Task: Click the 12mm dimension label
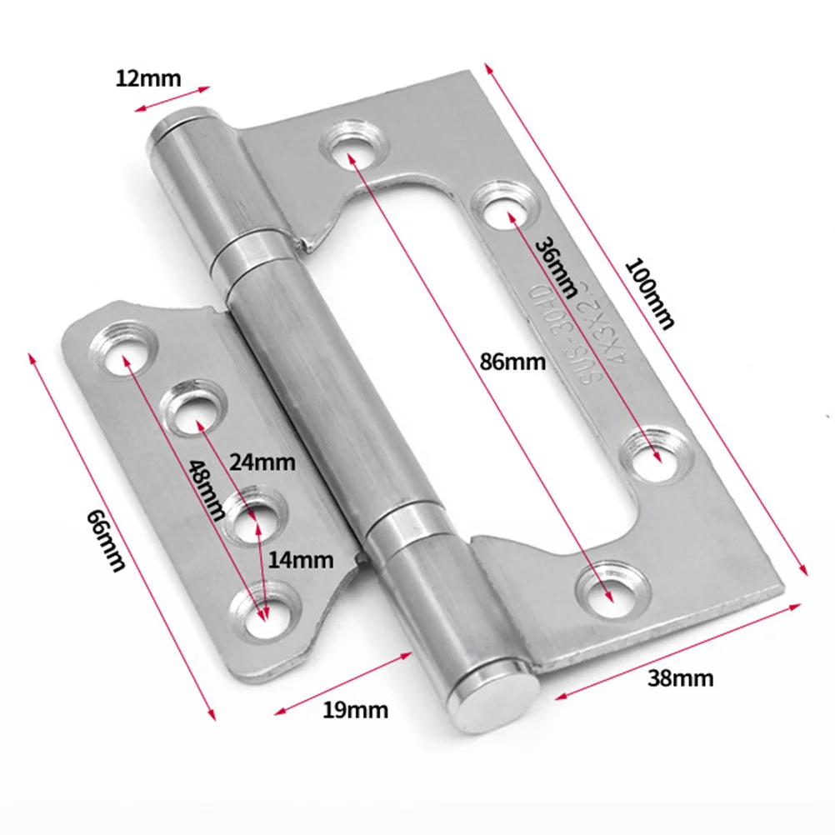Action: click(x=148, y=79)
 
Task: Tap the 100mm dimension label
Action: click(x=649, y=294)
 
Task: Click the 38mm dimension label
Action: click(x=680, y=677)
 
